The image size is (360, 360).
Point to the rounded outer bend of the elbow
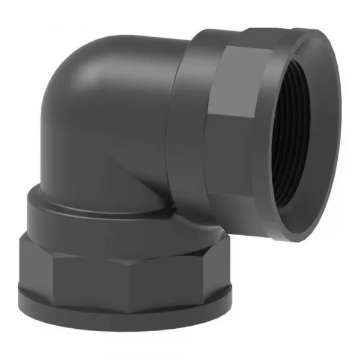tap(66, 90)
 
